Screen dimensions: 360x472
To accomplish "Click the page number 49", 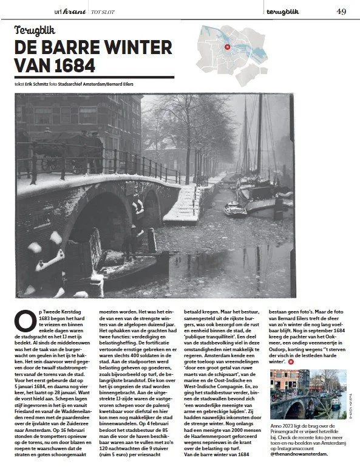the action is click(341, 10).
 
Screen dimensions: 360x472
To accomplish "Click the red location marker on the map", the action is click(226, 47).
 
